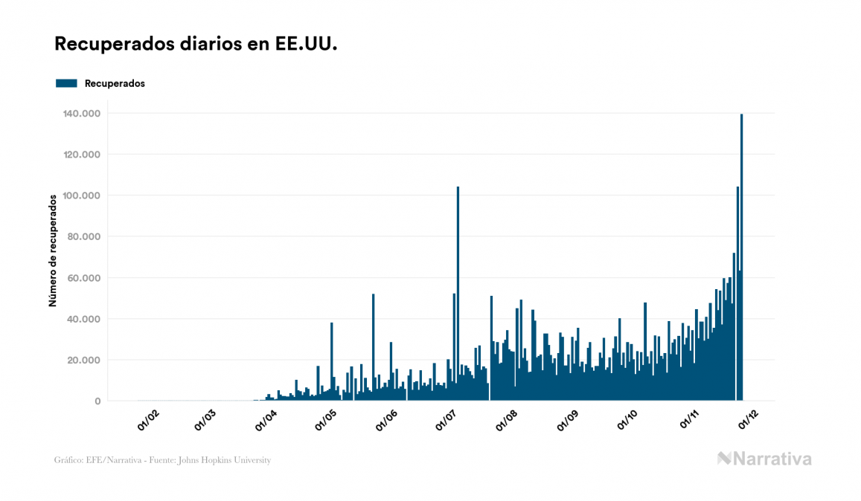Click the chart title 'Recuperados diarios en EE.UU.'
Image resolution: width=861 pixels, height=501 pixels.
coord(196,45)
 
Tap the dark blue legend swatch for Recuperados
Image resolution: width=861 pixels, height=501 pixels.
coord(66,83)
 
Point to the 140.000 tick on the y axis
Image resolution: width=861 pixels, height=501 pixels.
coord(83,113)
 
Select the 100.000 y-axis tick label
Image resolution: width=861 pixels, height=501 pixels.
coord(83,195)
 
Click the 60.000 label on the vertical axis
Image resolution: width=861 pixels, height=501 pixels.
coord(85,278)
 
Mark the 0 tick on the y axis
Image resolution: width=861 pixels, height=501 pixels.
coord(97,401)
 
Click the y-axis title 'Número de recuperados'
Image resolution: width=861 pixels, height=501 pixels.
coord(53,250)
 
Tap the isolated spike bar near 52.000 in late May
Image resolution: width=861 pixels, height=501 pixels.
coord(374,346)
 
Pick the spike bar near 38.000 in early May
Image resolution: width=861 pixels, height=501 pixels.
coord(332,361)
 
